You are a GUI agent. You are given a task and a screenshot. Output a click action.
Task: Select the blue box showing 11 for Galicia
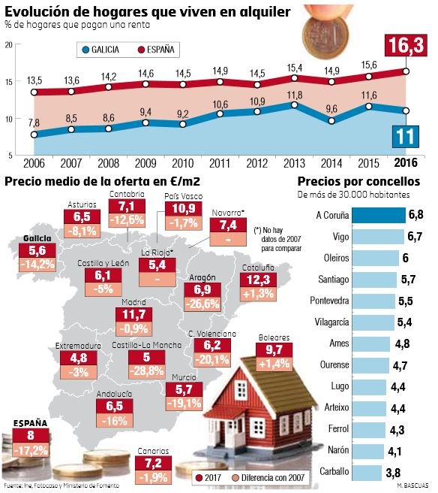406,138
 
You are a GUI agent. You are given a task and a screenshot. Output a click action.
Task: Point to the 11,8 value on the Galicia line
295,95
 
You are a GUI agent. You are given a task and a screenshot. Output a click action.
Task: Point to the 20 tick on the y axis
7,45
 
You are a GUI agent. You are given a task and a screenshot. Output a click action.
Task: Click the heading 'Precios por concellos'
358,181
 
